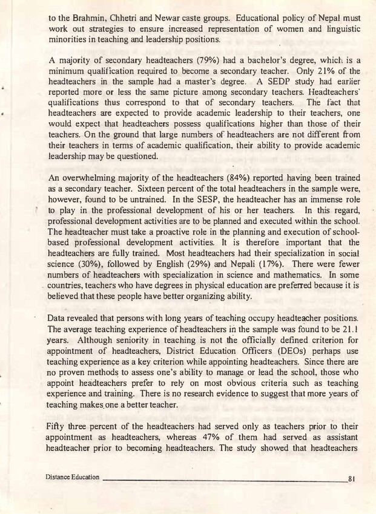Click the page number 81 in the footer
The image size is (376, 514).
click(x=351, y=478)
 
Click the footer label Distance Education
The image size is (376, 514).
click(x=72, y=477)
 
